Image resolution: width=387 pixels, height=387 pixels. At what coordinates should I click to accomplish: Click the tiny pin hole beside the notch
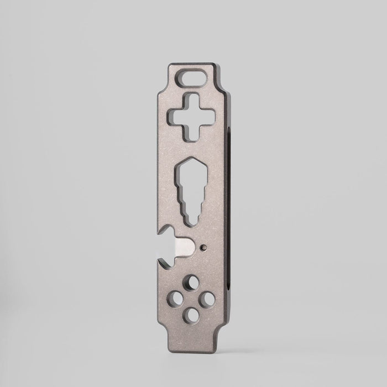[x=206, y=247]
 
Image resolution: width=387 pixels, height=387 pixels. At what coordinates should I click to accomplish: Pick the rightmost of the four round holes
[x=208, y=299]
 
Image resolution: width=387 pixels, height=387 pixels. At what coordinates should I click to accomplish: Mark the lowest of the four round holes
[x=192, y=315]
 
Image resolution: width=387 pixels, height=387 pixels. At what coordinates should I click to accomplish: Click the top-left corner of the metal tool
[x=169, y=66]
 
